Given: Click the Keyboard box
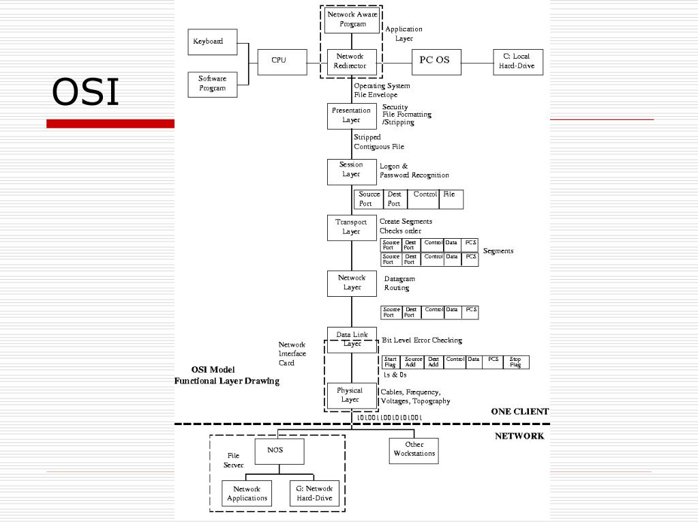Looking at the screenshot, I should coord(213,42).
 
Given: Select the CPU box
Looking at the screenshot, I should coord(279,61).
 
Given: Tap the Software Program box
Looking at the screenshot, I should coord(213,84).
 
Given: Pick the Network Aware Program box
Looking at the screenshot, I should coord(352,19).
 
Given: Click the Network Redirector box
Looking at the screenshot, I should coord(352,61).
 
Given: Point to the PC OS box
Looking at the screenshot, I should coord(436,61).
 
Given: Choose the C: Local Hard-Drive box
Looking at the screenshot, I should coord(518,61).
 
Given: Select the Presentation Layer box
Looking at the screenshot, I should coord(352,115).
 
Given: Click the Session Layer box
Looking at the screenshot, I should coord(352,170).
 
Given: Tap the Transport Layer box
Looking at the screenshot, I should coord(352,227).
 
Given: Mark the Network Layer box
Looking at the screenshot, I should coord(352,283).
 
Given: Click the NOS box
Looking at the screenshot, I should coord(279,451).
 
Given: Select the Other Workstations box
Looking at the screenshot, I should coord(414,450).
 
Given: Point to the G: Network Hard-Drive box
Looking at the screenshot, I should coord(314,494).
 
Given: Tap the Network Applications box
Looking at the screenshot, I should coord(247,494).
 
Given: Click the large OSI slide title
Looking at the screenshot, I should coord(86,93).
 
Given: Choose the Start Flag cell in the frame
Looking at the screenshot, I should coord(391,362).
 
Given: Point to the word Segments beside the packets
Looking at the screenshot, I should coord(498,251).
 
